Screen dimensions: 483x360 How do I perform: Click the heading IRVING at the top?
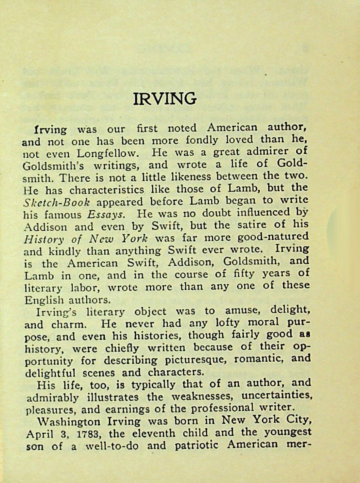pos(165,98)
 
